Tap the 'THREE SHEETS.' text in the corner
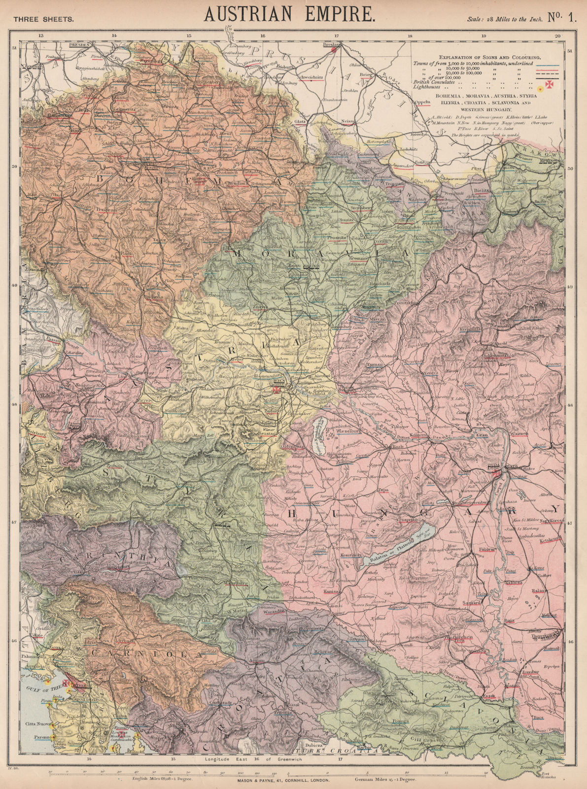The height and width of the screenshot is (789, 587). (44, 19)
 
